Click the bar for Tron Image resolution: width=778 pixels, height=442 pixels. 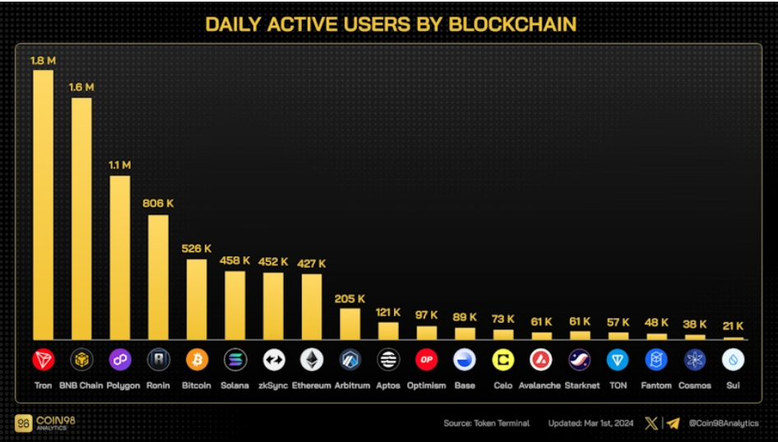pyautogui.click(x=43, y=205)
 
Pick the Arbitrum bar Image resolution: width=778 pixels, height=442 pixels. pyautogui.click(x=350, y=324)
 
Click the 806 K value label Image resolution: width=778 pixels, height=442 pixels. pyautogui.click(x=159, y=203)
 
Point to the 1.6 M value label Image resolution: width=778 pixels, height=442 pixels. pyautogui.click(x=81, y=86)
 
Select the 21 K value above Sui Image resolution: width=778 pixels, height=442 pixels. pyautogui.click(x=733, y=325)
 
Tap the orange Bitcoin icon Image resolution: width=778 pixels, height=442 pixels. pyautogui.click(x=197, y=360)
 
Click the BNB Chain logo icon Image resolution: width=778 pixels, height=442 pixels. pyautogui.click(x=81, y=360)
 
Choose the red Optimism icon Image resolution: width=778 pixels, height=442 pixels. pyautogui.click(x=426, y=360)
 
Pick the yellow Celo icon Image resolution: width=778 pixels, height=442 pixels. pyautogui.click(x=503, y=360)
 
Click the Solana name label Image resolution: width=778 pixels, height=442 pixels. pyautogui.click(x=234, y=385)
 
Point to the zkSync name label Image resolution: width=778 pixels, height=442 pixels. pyautogui.click(x=273, y=385)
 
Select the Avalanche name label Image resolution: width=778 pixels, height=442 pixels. pyautogui.click(x=540, y=385)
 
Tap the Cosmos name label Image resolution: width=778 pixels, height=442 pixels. pyautogui.click(x=695, y=385)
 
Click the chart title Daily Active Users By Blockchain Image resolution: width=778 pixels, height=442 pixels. pyautogui.click(x=390, y=24)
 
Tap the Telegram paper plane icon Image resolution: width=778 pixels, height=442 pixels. pyautogui.click(x=673, y=424)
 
